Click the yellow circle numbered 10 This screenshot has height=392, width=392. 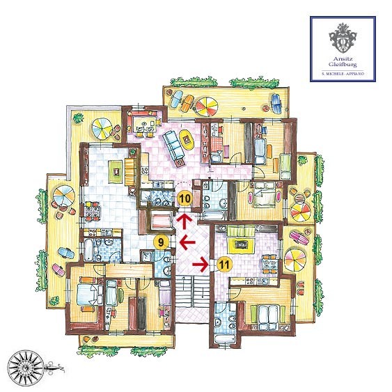point(185,199)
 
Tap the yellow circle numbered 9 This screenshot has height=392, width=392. point(162,242)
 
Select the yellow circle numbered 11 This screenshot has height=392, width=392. point(224,265)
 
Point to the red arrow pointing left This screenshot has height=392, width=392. point(187,242)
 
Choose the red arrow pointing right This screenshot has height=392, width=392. point(201,265)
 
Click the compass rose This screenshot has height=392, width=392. point(26,368)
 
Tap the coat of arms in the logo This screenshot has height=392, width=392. point(343,38)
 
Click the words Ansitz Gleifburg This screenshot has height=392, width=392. point(343,61)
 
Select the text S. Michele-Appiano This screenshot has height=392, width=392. point(343,74)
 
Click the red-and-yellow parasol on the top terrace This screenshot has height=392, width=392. point(207,107)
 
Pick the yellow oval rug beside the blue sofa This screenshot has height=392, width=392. point(187,139)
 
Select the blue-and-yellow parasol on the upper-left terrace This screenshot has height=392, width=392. point(102,130)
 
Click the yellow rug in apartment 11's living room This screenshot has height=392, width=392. point(241,245)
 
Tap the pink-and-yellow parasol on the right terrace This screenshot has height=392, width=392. point(295,259)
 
